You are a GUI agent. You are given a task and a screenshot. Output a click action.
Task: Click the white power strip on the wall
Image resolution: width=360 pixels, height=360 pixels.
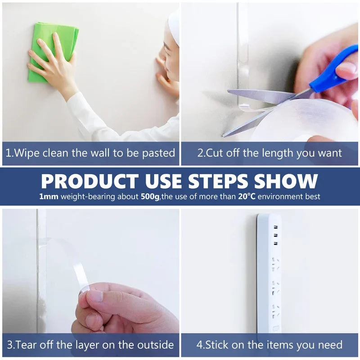pos(269,274)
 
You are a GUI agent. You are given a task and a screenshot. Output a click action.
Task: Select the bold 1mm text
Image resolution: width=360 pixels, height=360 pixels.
pos(49,197)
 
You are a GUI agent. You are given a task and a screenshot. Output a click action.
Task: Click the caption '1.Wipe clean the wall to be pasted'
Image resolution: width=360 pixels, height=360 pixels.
pos(90,153)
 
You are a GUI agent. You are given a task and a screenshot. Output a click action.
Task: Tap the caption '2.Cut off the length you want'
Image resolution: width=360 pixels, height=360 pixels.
pos(270,153)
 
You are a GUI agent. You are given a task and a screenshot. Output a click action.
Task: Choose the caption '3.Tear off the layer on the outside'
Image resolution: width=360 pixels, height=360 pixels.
pos(90,345)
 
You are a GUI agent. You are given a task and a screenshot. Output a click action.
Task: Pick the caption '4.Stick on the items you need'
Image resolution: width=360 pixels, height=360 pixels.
pos(270,345)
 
